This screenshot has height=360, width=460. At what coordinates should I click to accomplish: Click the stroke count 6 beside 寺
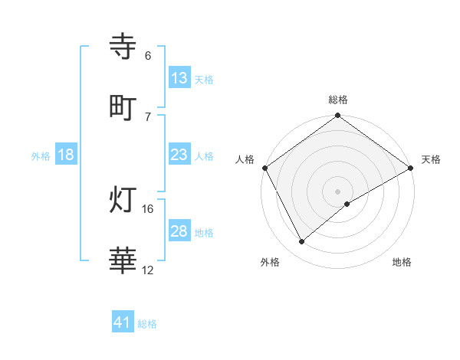[x=148, y=56]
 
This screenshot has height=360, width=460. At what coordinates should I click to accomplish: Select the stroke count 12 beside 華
[x=148, y=270]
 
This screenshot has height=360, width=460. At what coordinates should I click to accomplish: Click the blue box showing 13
[x=179, y=78]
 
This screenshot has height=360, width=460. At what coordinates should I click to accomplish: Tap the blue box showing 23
[x=179, y=155]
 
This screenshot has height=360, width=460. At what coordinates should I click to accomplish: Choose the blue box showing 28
[x=179, y=231]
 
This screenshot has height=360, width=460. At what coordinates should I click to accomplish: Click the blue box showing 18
[x=66, y=155]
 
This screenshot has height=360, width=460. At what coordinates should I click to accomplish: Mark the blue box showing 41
[x=123, y=322]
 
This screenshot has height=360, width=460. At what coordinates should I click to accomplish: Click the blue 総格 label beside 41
[x=147, y=324]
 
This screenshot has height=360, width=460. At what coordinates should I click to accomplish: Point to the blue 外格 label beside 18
[x=41, y=155]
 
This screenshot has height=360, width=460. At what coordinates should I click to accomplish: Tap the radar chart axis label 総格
[x=338, y=100]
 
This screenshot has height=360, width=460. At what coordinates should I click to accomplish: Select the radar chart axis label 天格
[x=431, y=159]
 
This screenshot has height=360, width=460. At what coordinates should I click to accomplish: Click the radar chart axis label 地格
[x=402, y=262]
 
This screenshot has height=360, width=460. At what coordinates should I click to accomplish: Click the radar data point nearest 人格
[x=264, y=168]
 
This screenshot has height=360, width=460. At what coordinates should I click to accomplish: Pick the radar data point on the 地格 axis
[x=347, y=204]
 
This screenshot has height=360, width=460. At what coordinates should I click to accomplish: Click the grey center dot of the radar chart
[x=338, y=191]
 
